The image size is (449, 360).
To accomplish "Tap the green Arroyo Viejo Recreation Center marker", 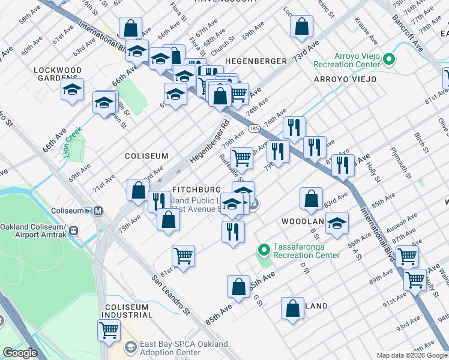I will pyautogui.click(x=389, y=59).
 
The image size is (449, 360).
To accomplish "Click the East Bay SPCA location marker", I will pyautogui.click(x=130, y=347).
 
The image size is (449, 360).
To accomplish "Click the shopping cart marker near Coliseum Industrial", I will pyautogui.click(x=109, y=329).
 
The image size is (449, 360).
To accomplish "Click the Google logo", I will pyautogui.click(x=20, y=353).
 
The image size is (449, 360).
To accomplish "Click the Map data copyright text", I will pyautogui.click(x=411, y=355).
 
